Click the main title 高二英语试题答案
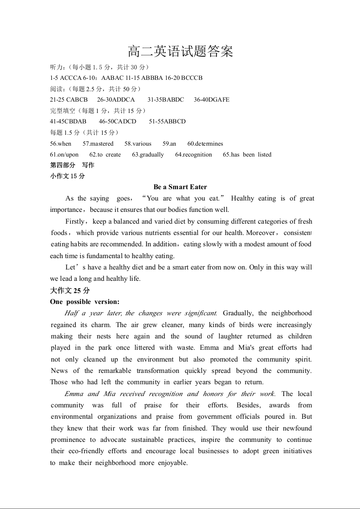[180, 52]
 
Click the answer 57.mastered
[98, 144]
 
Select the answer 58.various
[138, 144]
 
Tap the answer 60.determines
[205, 144]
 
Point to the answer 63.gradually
[148, 155]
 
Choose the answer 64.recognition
[193, 155]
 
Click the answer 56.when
[61, 144]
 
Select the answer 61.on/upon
[64, 155]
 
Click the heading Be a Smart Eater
[180, 187]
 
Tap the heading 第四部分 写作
[72, 165]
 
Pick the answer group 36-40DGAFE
[212, 100]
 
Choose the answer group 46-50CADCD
[117, 122]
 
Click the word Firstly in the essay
[75, 221]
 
